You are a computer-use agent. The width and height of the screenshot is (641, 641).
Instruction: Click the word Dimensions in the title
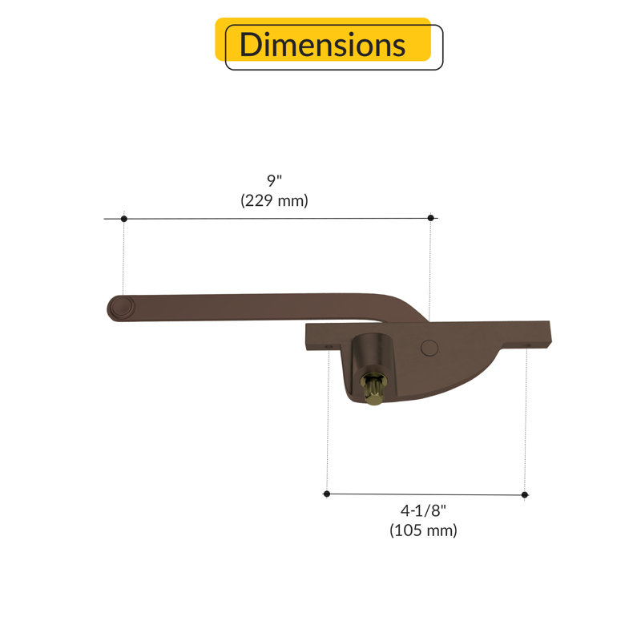point(322,45)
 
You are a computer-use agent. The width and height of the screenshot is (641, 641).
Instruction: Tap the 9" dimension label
point(274,180)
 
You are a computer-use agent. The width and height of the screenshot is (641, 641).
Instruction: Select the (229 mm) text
point(274,200)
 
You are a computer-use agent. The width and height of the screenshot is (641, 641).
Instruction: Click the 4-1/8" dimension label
point(423,510)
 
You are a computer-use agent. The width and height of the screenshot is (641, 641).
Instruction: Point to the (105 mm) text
point(423,530)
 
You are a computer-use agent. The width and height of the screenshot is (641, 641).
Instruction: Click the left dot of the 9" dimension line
point(124,219)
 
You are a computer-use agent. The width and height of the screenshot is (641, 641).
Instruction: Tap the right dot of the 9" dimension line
point(430,218)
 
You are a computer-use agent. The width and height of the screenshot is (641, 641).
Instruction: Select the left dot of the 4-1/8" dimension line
point(327,494)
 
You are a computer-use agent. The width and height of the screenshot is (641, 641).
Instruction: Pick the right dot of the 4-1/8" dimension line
point(525,494)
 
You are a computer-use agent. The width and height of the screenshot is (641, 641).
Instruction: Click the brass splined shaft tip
point(373,391)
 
